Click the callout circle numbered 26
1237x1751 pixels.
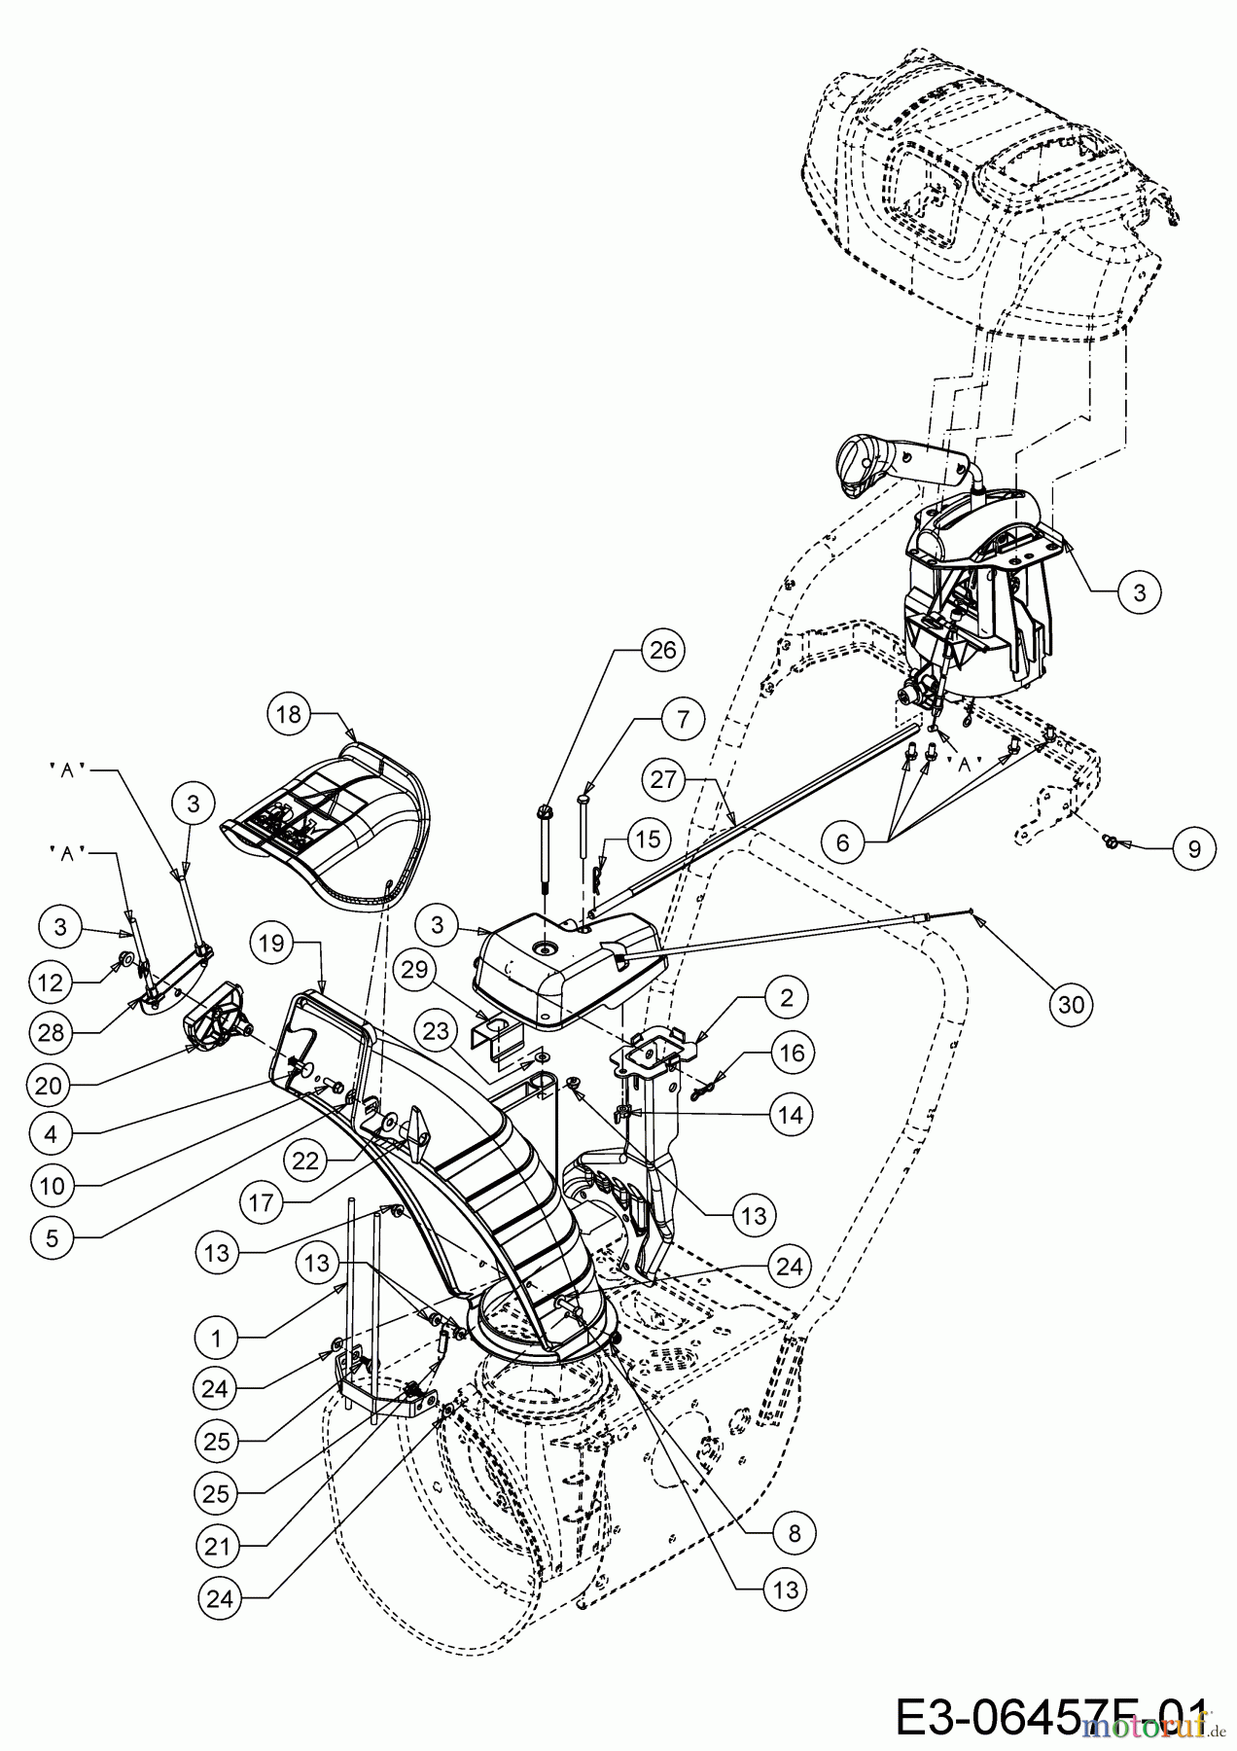pyautogui.click(x=663, y=650)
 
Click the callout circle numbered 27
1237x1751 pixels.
pyautogui.click(x=663, y=778)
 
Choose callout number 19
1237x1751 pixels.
pyautogui.click(x=273, y=943)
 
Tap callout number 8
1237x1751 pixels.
pyautogui.click(x=791, y=1532)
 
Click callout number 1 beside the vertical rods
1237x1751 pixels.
pyautogui.click(x=216, y=1339)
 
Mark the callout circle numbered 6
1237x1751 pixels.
pyautogui.click(x=842, y=841)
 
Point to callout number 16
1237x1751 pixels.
pyautogui.click(x=792, y=1053)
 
